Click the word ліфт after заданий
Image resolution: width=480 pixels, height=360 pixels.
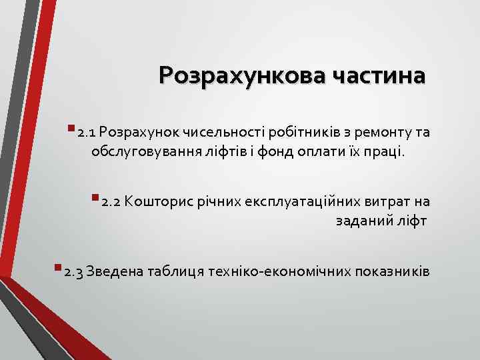(x=413, y=221)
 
